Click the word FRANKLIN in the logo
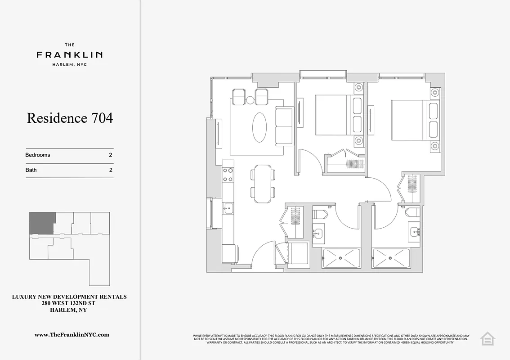pos(69,55)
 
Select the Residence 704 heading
pos(70,118)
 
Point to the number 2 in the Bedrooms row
pos(110,155)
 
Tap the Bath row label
pos(31,170)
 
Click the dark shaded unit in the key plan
pos(42,223)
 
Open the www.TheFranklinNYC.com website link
pos(72,335)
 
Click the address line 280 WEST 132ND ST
pos(69,303)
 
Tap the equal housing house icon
pos(487,338)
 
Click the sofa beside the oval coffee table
pos(283,126)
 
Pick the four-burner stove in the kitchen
pos(228,175)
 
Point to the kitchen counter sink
pos(228,208)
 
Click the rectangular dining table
pos(262,181)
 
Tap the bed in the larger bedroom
pos(409,120)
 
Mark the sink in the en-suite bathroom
pos(415,232)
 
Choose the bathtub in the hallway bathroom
pos(341,258)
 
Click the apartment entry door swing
pos(262,256)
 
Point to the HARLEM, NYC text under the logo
pos(69,65)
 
